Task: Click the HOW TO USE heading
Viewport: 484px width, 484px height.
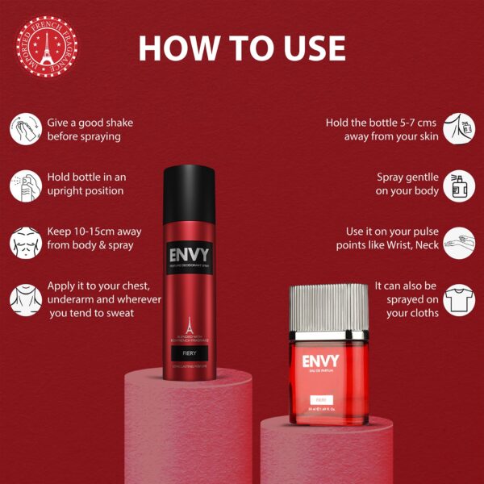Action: [x=242, y=48]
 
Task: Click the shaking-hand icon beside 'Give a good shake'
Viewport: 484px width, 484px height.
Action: [x=25, y=129]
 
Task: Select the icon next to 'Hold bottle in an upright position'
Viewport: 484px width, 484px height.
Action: [x=25, y=184]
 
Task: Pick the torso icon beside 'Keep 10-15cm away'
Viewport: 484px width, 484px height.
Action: [x=25, y=240]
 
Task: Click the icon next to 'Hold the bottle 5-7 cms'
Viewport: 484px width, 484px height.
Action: [x=457, y=129]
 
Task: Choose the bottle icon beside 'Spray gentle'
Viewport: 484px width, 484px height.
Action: [x=457, y=185]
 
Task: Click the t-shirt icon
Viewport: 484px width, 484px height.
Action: [x=457, y=299]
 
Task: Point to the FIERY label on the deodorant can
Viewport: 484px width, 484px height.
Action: [x=188, y=352]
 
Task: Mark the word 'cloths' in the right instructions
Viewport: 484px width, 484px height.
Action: [x=420, y=314]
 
